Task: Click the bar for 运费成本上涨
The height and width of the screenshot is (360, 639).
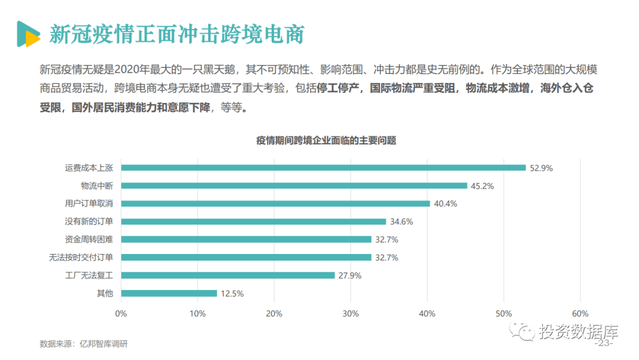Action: coord(323,168)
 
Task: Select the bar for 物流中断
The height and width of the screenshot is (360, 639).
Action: coord(294,185)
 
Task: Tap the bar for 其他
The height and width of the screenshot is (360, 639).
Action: coord(169,293)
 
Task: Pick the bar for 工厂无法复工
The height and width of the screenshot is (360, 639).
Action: coord(228,275)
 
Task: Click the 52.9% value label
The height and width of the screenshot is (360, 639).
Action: coord(541,168)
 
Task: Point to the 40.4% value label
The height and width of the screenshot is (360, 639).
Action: coord(446,204)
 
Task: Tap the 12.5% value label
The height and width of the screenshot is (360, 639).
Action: coord(232,294)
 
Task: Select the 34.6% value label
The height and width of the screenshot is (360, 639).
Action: coord(401,222)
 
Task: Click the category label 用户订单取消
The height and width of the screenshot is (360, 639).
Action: coord(89,204)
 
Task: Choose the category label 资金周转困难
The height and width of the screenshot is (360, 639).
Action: coord(89,240)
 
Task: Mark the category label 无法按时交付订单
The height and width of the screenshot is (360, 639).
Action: coord(85,258)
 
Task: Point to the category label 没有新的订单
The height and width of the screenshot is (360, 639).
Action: coord(89,221)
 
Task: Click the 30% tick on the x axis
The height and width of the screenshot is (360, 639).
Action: coord(351,313)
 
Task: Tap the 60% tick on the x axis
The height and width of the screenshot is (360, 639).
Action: coord(580,313)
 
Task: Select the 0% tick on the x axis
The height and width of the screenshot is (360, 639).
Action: coord(121,313)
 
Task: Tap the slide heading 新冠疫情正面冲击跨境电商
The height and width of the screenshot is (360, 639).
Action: coord(176,34)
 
